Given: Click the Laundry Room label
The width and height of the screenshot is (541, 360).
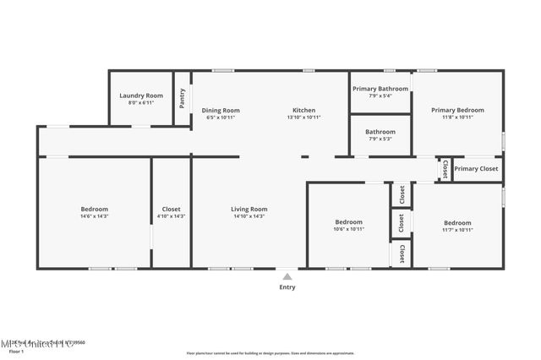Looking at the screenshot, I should (x=141, y=95).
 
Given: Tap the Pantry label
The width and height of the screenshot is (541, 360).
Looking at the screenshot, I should (x=183, y=99).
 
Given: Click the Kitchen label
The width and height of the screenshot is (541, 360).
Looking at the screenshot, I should (x=303, y=110).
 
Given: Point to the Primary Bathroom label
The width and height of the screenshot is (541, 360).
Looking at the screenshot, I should (x=380, y=89).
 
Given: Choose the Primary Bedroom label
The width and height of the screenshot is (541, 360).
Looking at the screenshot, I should (x=457, y=110).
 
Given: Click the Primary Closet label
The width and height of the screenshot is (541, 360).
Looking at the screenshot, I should (x=476, y=169).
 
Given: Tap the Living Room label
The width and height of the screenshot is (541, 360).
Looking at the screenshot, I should (x=249, y=209).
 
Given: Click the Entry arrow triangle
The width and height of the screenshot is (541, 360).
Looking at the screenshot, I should (x=287, y=275).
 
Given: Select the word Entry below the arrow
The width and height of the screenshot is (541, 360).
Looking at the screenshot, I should (x=287, y=287).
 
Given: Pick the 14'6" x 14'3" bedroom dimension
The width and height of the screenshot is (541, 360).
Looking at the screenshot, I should (x=94, y=216).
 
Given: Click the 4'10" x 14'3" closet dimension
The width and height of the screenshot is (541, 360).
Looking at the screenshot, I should (x=171, y=216).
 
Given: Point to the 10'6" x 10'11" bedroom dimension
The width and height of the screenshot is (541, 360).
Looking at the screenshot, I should (x=348, y=229).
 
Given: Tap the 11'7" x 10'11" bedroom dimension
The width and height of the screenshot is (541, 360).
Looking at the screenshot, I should (x=457, y=229).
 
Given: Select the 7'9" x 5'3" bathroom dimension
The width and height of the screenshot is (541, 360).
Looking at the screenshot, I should (x=380, y=139).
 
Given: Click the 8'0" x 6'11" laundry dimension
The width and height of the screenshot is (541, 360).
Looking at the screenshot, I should (x=141, y=102).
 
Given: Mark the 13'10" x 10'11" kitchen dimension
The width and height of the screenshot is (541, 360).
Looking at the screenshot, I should (x=303, y=117).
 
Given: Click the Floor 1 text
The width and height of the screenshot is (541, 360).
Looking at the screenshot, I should (x=16, y=351).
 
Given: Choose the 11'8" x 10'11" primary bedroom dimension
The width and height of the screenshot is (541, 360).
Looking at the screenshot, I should (x=457, y=117).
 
